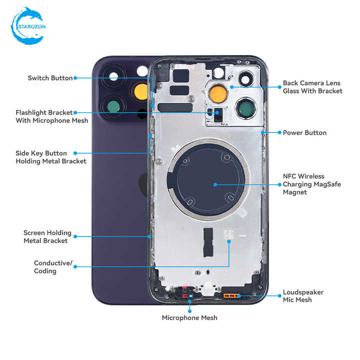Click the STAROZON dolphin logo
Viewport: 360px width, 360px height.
click(x=28, y=26)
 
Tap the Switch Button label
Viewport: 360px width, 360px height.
click(x=50, y=78)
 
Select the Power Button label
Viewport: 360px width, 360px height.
click(x=304, y=132)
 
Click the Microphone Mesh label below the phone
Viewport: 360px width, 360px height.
click(x=189, y=318)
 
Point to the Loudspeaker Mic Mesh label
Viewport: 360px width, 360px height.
click(x=303, y=296)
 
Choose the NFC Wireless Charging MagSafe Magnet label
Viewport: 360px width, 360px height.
click(x=312, y=184)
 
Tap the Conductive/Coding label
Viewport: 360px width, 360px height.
click(x=53, y=267)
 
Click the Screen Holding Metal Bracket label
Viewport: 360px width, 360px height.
click(x=47, y=236)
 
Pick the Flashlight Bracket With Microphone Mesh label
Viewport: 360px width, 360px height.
click(x=52, y=116)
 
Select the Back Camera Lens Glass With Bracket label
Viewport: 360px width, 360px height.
click(x=312, y=87)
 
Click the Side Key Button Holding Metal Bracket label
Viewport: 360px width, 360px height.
click(x=51, y=157)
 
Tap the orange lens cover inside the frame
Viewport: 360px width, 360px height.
click(x=218, y=93)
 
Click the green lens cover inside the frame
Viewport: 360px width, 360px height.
click(x=246, y=108)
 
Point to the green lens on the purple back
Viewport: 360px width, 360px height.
click(x=113, y=107)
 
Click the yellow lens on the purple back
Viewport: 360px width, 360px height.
click(x=141, y=92)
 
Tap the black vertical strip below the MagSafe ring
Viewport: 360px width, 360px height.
click(x=208, y=242)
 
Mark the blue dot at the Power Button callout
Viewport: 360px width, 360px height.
click(x=279, y=132)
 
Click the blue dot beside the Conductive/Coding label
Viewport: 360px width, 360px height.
click(x=75, y=266)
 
